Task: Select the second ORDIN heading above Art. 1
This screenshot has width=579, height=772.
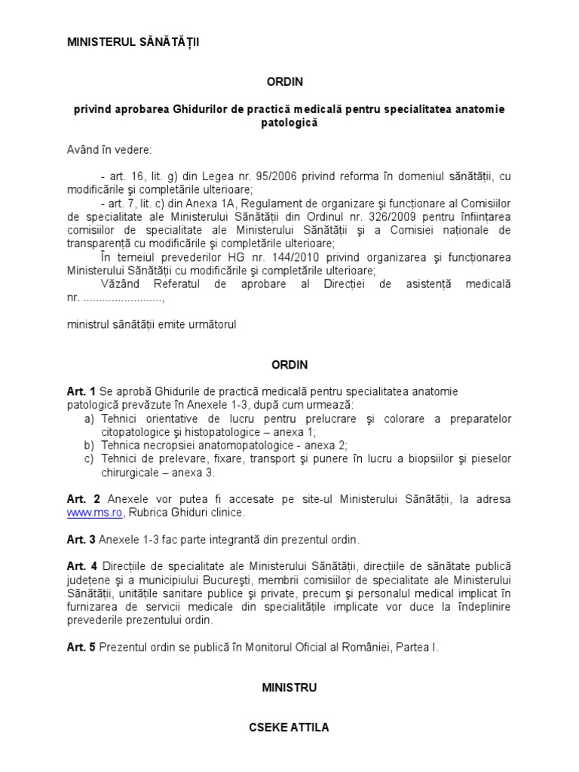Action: [x=289, y=364]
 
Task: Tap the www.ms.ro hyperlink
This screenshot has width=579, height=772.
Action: [x=93, y=513]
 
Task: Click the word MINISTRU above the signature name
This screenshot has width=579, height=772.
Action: [x=289, y=687]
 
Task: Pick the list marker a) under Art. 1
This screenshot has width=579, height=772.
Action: [x=88, y=419]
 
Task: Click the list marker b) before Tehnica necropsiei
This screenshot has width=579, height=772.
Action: [x=88, y=446]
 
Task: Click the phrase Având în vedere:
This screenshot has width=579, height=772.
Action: [x=109, y=149]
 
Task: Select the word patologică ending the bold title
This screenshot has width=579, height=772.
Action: [x=289, y=123]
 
